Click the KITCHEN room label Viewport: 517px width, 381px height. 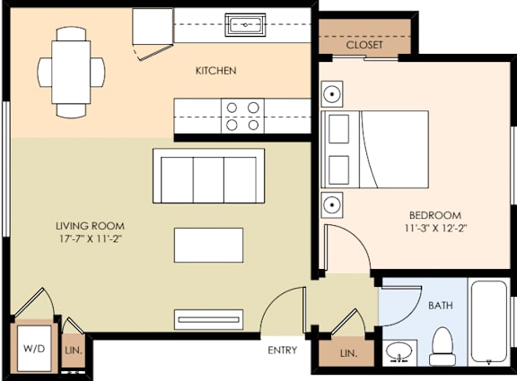click(x=215, y=70)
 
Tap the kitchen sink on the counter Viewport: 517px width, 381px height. click(x=244, y=25)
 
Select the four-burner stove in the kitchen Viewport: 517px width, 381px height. click(x=243, y=116)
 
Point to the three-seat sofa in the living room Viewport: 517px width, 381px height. click(x=208, y=177)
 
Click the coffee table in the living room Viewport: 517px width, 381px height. click(x=208, y=245)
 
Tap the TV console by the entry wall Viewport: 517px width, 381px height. click(x=208, y=318)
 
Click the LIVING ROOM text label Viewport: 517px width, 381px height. click(x=90, y=226)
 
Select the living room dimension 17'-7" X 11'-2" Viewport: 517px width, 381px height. click(x=90, y=239)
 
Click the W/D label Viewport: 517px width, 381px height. click(x=34, y=348)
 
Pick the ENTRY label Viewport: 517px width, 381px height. click(x=282, y=350)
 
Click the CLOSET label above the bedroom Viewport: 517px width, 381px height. click(x=364, y=44)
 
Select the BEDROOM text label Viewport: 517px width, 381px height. click(x=434, y=215)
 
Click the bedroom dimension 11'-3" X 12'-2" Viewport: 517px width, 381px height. click(x=434, y=229)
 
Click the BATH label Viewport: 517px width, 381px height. click(x=440, y=306)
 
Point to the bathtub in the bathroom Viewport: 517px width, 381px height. click(x=489, y=323)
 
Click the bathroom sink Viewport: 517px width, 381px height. click(x=400, y=352)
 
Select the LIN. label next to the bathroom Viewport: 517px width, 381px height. click(x=349, y=354)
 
